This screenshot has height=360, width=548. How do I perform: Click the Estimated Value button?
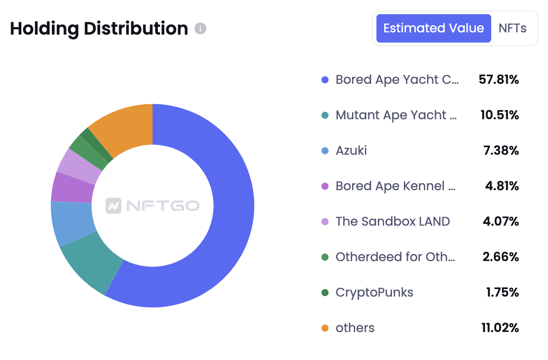pos(433,28)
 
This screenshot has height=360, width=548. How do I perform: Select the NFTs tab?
pos(513,28)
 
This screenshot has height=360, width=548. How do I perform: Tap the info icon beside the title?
pos(200,29)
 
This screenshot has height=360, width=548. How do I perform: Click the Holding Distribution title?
pos(99,29)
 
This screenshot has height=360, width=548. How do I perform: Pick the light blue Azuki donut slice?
pos(71,223)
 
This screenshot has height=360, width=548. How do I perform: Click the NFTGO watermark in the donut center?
pos(153,206)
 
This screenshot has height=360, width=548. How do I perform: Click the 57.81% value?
pos(499,80)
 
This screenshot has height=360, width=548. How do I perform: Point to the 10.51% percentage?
pos(499,115)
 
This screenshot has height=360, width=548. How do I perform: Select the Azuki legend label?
pos(351,151)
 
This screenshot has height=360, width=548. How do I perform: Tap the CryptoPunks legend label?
pos(374,293)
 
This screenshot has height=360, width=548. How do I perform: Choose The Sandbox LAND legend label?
pos(392,222)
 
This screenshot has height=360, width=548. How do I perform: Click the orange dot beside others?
pos(325,328)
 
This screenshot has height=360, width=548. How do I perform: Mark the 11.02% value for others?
pos(500,328)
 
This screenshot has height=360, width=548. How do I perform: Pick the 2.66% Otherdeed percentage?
pos(501,257)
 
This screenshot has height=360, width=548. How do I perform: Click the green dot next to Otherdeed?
pos(325,257)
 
